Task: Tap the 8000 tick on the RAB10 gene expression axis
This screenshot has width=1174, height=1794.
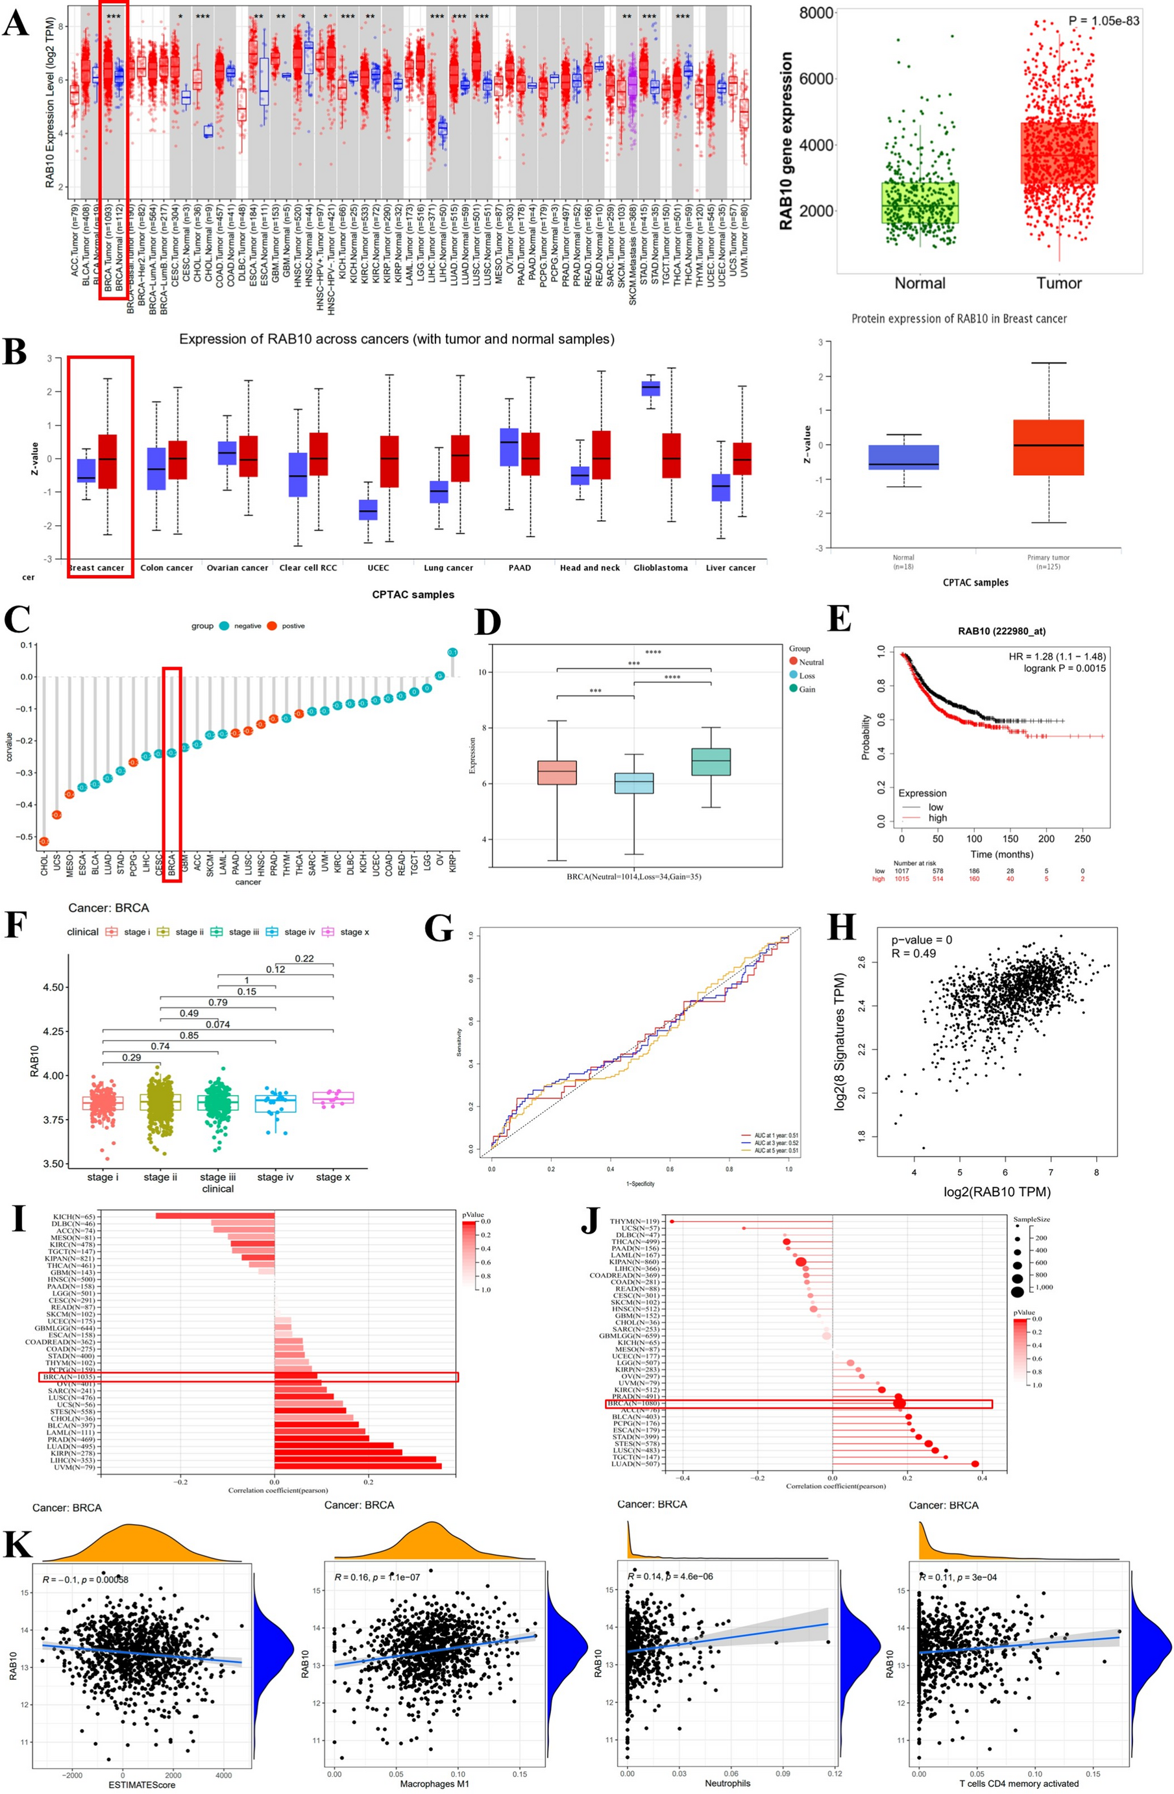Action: click(x=816, y=14)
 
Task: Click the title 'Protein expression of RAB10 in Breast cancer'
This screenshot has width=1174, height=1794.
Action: click(x=959, y=319)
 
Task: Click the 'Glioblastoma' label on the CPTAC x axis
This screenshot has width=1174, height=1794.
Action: click(x=660, y=567)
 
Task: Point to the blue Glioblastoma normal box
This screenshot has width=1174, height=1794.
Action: click(x=650, y=388)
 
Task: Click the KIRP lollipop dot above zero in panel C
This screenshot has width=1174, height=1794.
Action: click(x=452, y=652)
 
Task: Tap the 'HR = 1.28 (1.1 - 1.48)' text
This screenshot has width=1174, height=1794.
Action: click(x=1057, y=657)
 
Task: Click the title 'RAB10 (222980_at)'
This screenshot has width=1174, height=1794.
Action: click(x=1001, y=631)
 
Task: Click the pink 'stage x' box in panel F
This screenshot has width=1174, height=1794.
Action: click(x=333, y=1098)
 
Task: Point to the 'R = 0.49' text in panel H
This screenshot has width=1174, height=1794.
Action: click(x=913, y=953)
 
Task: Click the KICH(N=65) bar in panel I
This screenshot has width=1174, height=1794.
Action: click(x=215, y=1216)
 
